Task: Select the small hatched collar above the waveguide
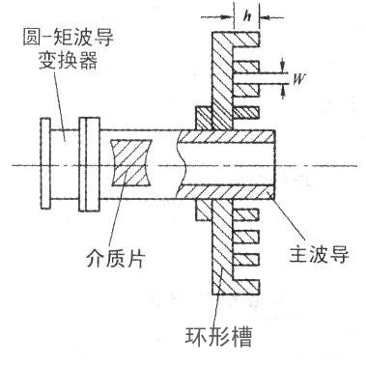[x=203, y=122]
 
